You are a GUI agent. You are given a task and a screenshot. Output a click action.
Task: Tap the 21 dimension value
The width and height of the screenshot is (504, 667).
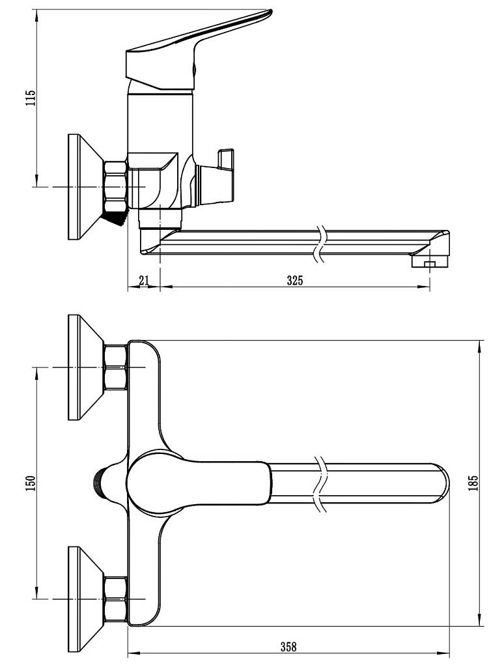[x=144, y=280]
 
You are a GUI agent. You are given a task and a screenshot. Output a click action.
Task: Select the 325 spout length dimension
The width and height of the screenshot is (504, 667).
[x=295, y=280]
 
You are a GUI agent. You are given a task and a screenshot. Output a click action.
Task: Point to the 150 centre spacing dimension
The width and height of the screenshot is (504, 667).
[x=30, y=484]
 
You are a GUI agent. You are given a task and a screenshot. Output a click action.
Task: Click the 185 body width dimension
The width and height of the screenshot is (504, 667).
[x=474, y=483]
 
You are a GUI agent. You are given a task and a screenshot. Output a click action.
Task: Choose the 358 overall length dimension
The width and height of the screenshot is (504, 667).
[x=288, y=647]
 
